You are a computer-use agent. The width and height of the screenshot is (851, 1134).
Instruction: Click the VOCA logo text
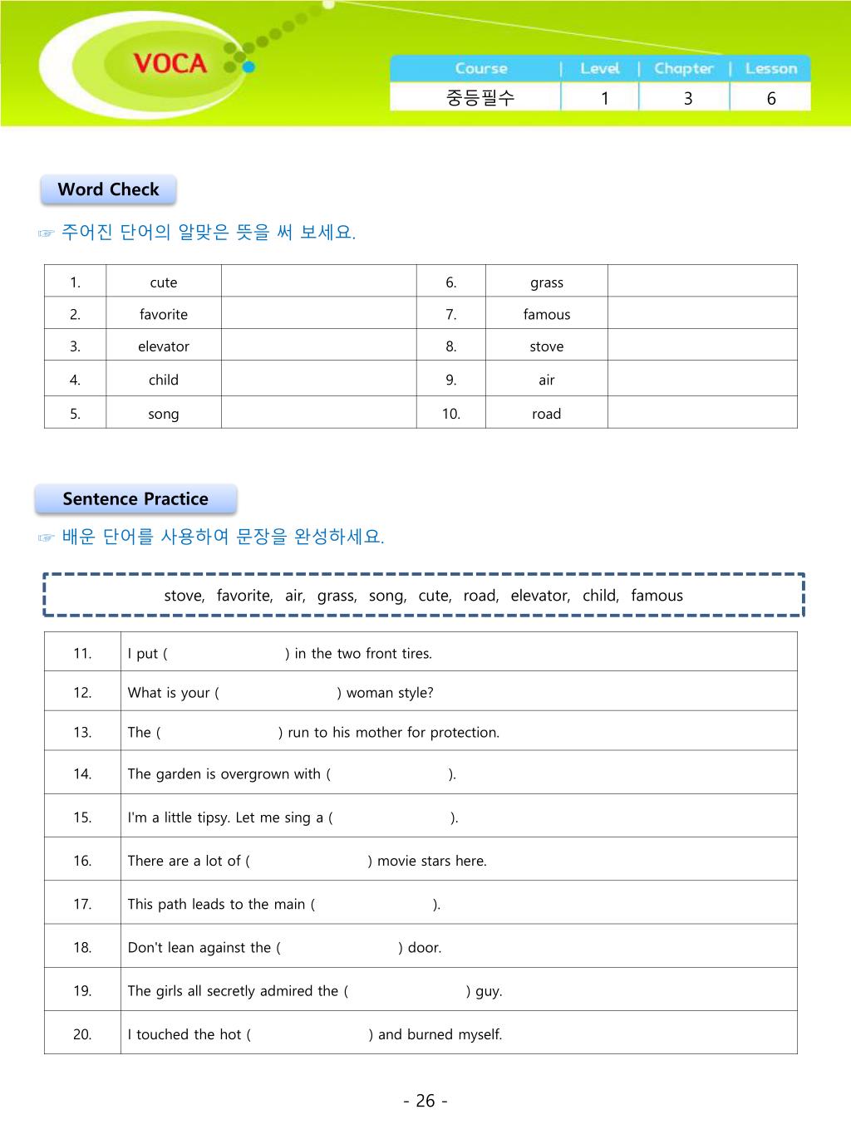point(170,63)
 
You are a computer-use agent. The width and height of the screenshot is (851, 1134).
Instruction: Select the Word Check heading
point(108,189)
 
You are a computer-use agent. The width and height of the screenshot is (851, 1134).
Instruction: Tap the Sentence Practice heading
point(135,499)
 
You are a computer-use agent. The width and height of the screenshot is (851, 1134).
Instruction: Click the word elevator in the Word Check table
point(164,346)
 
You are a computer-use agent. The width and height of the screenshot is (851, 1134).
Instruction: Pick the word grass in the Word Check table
point(547,282)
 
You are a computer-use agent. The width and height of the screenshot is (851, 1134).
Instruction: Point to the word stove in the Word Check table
point(547,346)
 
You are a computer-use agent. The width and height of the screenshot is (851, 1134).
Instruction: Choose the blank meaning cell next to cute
point(318,282)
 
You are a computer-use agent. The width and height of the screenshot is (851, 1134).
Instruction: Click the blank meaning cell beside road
point(702,413)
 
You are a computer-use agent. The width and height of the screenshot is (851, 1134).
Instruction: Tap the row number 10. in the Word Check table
point(451,414)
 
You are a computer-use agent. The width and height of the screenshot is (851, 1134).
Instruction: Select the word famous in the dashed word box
point(657,596)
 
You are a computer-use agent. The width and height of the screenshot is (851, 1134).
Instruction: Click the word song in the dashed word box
point(386,596)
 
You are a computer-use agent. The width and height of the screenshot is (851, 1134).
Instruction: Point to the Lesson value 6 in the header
point(771,98)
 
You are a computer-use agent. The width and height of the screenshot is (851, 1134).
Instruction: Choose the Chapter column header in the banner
point(684,68)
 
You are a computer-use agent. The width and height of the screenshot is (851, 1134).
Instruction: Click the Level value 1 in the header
point(605,98)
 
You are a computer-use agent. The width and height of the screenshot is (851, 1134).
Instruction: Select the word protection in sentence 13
point(464,733)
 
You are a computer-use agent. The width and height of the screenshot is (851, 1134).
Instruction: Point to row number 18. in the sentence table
point(82,947)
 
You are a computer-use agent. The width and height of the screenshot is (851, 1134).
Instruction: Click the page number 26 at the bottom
point(425,1101)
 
